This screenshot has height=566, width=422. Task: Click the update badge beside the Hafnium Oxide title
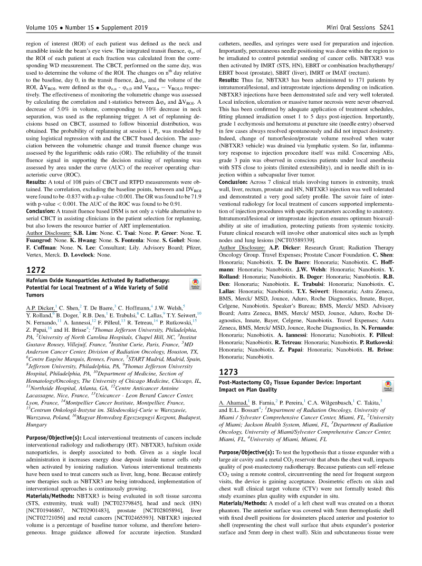pyautogui.click(x=195, y=285)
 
